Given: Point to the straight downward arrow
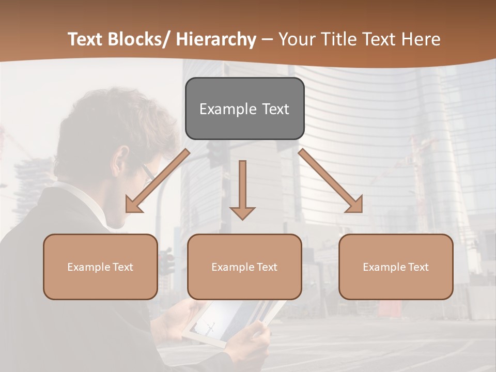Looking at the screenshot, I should [x=242, y=189].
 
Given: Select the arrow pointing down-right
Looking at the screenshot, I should [x=331, y=181].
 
